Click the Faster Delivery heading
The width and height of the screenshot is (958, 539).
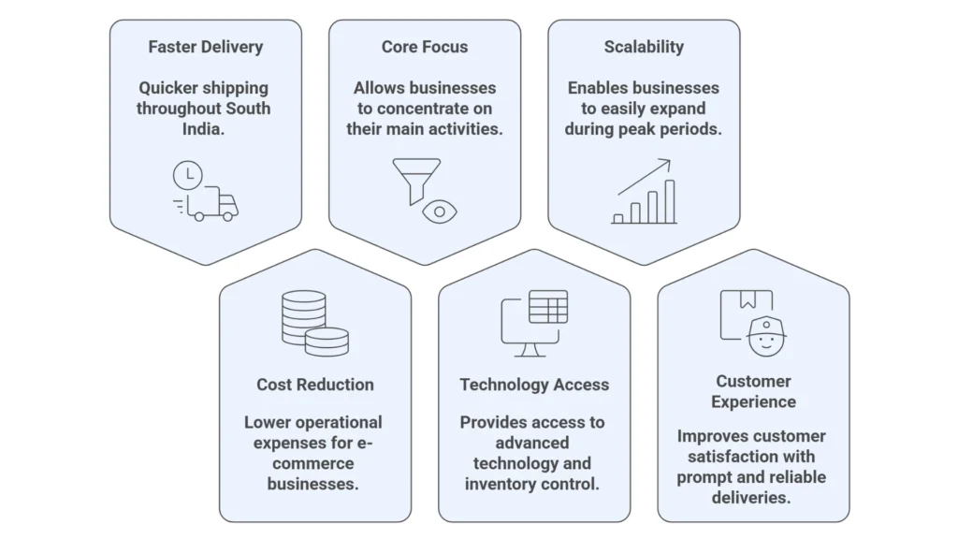[205, 47]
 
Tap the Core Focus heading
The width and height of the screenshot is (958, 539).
[424, 47]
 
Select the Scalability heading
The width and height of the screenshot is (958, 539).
[644, 47]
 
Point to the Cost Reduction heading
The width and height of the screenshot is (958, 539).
[315, 385]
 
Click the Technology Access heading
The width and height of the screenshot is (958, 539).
[534, 385]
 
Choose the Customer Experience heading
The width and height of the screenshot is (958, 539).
[753, 391]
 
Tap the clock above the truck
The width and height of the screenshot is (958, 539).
[187, 175]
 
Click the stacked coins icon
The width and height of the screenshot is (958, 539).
[314, 323]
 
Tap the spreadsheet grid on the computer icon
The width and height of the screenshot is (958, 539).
[548, 306]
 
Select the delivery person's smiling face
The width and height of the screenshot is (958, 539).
[767, 336]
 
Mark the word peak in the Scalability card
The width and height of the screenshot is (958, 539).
[639, 129]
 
